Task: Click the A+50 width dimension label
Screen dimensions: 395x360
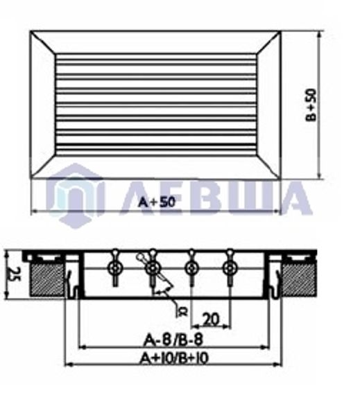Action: tap(154, 202)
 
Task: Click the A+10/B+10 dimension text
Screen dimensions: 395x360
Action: tap(173, 358)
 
